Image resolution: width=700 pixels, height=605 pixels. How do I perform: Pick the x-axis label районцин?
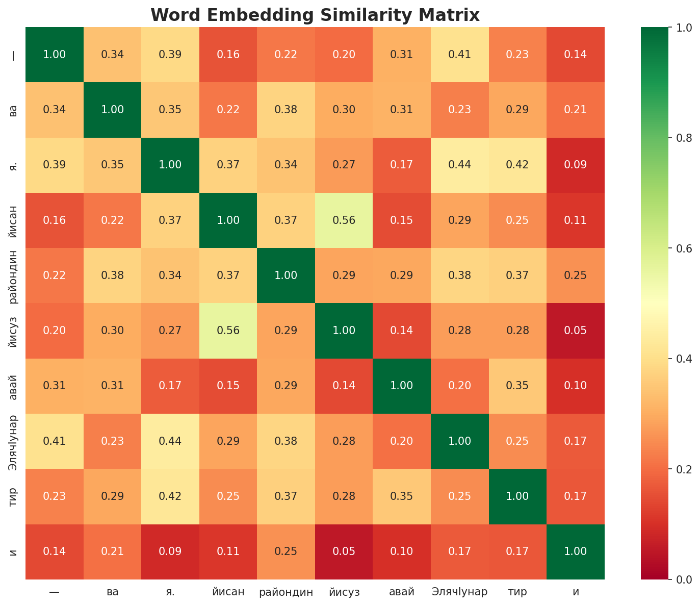pos(286,592)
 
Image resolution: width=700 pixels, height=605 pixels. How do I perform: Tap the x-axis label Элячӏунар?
pos(459,592)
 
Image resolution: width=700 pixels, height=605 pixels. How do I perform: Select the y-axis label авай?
pos(14,386)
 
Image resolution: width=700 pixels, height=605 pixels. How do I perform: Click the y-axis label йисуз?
pos(14,331)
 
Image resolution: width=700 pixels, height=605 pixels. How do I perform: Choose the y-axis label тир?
pos(14,496)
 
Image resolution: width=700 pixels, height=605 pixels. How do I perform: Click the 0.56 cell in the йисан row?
pos(344,220)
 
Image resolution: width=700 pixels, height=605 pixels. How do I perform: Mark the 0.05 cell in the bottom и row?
pos(344,551)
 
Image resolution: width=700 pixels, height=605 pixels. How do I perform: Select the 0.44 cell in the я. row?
pos(460,165)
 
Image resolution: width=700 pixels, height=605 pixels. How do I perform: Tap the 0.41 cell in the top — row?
pos(460,55)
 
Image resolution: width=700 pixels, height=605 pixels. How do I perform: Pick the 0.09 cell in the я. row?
pos(576,165)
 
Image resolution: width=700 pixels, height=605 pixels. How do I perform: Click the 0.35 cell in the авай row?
pos(517,386)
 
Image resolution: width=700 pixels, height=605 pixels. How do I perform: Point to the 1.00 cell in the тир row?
pos(517,496)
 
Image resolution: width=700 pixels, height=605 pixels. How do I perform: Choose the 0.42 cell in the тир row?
pos(170,496)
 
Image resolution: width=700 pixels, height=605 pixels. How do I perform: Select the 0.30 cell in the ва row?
pos(344,110)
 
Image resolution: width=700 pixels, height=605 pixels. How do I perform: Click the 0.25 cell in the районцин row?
pos(576,275)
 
